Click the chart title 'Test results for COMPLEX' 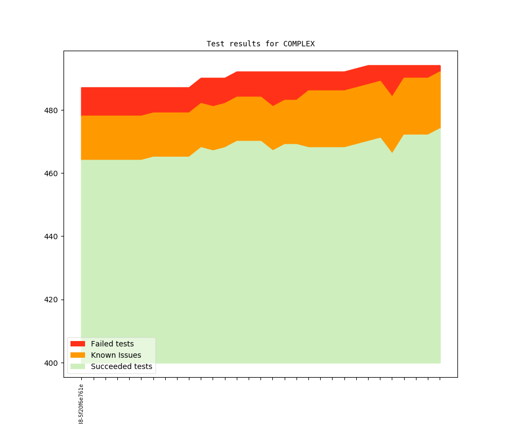coord(260,44)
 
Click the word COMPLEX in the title coord(299,44)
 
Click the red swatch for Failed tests coord(77,344)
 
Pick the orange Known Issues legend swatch coord(77,355)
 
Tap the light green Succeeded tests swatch coord(77,366)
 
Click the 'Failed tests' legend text coord(112,344)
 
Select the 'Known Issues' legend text coord(116,355)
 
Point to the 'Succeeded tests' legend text coord(121,366)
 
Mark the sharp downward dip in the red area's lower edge coord(392,96)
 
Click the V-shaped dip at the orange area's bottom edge coord(392,152)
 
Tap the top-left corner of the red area coord(82,88)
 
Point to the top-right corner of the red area coord(440,66)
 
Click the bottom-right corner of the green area coord(440,363)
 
